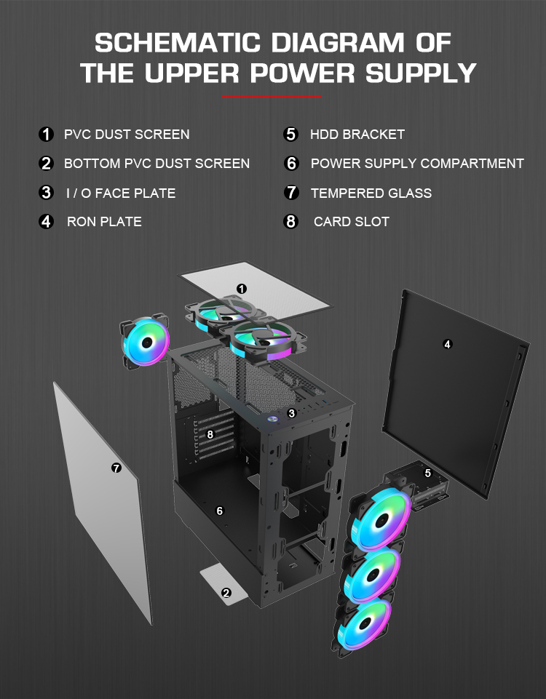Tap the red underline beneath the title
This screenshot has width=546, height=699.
(x=271, y=96)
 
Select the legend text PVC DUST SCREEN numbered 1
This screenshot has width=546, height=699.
(x=127, y=135)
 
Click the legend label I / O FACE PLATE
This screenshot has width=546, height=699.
(x=119, y=193)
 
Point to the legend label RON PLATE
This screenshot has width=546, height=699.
(x=104, y=222)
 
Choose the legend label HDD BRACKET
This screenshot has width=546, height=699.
(x=357, y=135)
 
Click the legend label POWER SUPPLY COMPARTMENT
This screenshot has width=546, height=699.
(x=416, y=164)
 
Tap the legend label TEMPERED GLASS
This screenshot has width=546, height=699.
(x=371, y=193)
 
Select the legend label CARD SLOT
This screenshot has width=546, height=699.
(x=351, y=222)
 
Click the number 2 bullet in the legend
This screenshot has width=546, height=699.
(x=47, y=164)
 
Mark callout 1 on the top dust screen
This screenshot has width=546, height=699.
(x=242, y=289)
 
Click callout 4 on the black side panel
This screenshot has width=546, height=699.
(x=447, y=344)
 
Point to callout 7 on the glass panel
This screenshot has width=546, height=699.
(x=116, y=468)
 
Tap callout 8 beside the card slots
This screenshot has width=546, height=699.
(x=210, y=434)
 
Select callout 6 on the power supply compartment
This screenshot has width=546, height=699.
(x=219, y=511)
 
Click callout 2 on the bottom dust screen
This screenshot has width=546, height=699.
(x=226, y=593)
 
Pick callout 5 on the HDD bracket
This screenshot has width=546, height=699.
(x=427, y=473)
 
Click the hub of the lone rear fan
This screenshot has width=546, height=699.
(x=146, y=342)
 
